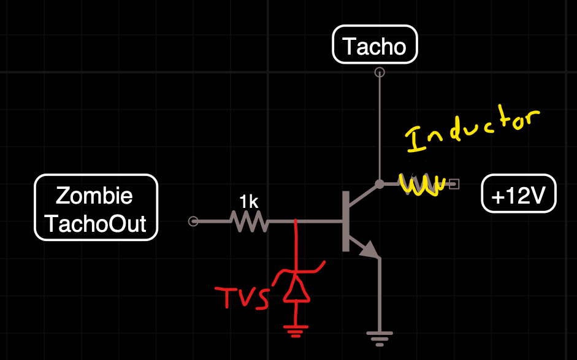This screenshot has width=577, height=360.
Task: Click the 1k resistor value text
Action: click(248, 202)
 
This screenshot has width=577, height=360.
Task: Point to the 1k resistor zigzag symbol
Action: click(250, 221)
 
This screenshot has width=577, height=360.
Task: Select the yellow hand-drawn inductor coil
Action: click(421, 184)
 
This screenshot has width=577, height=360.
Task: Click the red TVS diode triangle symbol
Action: click(296, 291)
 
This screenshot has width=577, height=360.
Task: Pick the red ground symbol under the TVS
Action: click(296, 332)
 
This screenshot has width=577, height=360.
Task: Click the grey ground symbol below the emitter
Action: click(380, 337)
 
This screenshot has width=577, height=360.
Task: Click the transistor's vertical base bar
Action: click(346, 221)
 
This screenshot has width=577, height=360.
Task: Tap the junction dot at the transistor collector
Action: click(380, 183)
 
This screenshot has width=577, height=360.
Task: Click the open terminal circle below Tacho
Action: click(380, 72)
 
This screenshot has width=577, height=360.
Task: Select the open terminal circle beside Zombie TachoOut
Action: click(193, 221)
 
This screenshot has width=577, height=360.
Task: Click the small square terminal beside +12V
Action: click(454, 183)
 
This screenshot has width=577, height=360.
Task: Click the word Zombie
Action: click(94, 196)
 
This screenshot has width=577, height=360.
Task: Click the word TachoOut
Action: click(96, 223)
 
